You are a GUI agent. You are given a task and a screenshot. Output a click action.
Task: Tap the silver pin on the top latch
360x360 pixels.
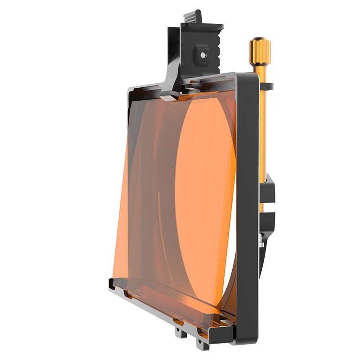coord(203,55)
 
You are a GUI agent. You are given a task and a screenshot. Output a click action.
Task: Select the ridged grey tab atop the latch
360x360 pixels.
coord(192,18)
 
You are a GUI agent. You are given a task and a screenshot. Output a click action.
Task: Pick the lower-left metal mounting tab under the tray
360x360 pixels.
coord(180,333)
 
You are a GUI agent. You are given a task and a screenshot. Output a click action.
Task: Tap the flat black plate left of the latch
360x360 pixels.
coord(173,54)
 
